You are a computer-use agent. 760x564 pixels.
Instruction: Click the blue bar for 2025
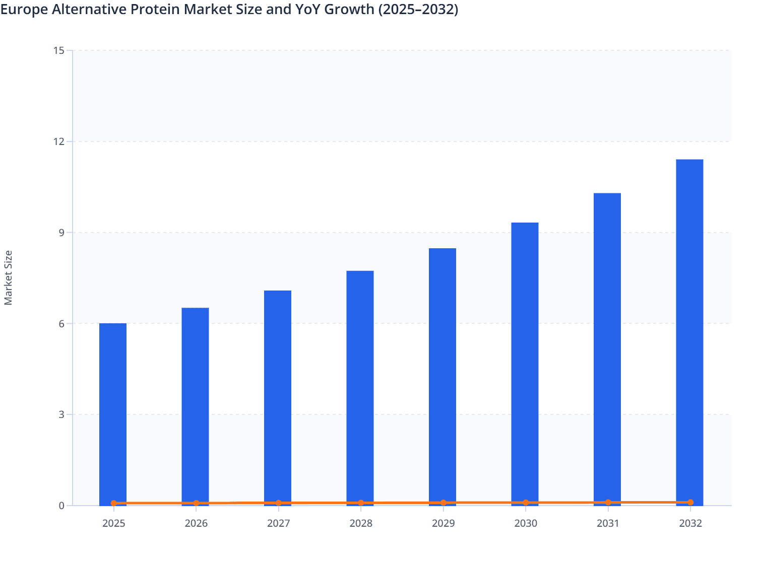click(113, 413)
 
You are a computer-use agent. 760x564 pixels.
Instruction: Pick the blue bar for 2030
click(525, 363)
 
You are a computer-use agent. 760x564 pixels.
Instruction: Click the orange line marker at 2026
click(196, 503)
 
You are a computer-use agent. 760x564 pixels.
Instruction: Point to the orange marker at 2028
click(361, 503)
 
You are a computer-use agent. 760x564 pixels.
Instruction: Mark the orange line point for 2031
click(608, 503)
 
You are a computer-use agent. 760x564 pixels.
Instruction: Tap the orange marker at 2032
click(690, 503)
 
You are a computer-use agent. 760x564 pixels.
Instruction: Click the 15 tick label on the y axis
click(58, 50)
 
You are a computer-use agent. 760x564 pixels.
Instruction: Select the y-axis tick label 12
click(58, 142)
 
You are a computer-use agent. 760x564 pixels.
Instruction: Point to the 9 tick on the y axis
click(61, 233)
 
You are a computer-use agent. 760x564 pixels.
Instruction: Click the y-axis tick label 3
click(61, 414)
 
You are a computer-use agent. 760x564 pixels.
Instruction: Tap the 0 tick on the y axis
click(61, 506)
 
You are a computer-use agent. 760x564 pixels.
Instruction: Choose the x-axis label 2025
click(113, 523)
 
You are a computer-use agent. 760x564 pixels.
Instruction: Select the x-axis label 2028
click(361, 523)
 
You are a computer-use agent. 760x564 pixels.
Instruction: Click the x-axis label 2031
click(608, 523)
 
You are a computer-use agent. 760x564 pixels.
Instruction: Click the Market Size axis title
click(9, 277)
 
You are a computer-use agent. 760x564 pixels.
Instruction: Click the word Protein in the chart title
click(160, 10)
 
